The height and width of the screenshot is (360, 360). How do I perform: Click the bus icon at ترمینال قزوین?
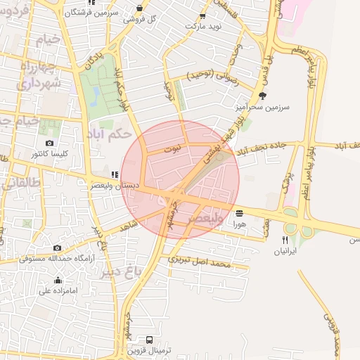point(149,340)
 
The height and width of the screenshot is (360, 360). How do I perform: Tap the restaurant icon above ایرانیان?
point(285,239)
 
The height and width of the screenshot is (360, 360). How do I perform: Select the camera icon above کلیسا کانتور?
point(49,143)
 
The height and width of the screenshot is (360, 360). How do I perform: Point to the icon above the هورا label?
point(239,212)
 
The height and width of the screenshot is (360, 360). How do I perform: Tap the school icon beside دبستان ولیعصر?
point(115,174)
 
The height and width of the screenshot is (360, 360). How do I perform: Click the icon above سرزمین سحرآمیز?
point(263,96)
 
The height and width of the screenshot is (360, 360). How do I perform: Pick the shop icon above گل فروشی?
point(139,8)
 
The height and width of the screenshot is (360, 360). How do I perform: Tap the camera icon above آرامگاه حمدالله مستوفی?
point(57,247)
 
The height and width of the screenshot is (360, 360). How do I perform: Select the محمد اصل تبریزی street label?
point(200,262)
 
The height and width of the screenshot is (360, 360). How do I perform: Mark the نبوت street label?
point(172,149)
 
